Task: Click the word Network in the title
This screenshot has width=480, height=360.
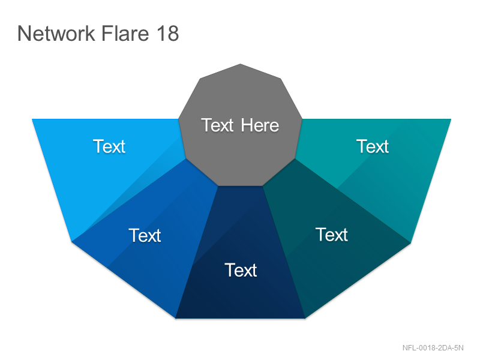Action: click(x=56, y=33)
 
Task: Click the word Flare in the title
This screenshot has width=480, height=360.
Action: click(x=125, y=33)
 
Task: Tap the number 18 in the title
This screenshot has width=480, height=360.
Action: click(x=167, y=33)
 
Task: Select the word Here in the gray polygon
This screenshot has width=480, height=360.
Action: click(x=260, y=125)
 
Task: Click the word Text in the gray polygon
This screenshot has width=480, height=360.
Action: click(x=217, y=125)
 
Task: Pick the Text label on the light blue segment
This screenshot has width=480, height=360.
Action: click(x=109, y=146)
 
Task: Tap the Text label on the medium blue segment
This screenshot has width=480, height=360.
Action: click(x=145, y=235)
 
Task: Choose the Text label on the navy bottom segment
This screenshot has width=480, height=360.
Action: click(x=241, y=271)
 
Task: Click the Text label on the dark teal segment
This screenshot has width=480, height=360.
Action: click(x=332, y=235)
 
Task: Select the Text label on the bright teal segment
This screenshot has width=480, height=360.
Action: click(x=373, y=146)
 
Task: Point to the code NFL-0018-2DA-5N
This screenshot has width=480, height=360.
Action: click(x=433, y=348)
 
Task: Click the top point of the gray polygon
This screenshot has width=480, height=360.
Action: click(x=241, y=64)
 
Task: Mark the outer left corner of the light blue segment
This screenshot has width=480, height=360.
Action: click(x=32, y=119)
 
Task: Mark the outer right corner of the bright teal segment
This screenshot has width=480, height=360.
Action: click(x=451, y=119)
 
